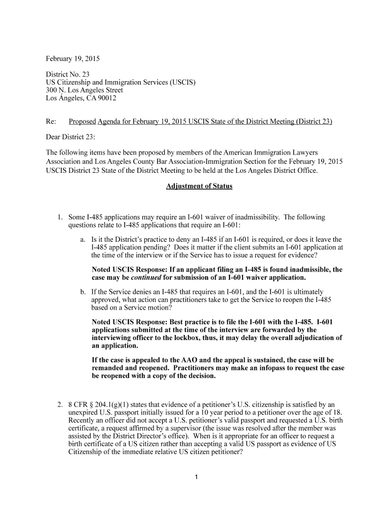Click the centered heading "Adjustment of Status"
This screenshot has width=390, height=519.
pos(199,186)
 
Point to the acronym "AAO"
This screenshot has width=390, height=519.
pos(188,360)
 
